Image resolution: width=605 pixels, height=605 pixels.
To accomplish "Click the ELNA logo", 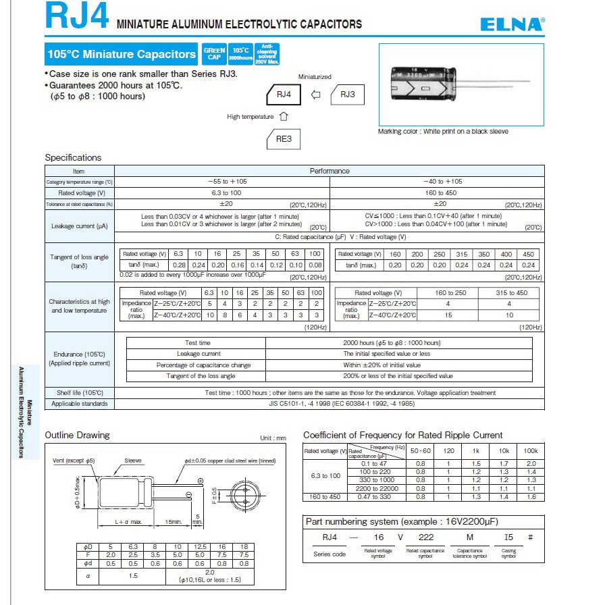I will [x=512, y=24].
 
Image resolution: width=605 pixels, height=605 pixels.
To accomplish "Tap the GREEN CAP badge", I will [x=214, y=53].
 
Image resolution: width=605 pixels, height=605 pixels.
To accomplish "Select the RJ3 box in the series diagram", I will [x=347, y=95].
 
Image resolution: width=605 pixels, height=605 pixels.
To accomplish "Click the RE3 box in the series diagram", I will [x=284, y=139].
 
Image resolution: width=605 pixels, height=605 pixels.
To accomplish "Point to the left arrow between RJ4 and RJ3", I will [x=315, y=95].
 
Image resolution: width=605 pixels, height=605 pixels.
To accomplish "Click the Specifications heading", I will [x=73, y=157].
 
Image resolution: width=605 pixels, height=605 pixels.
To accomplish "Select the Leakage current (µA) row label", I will [x=79, y=226].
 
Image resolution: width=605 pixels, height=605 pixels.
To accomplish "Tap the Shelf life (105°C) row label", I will [x=79, y=392].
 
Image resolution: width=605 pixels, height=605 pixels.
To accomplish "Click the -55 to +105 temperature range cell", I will [x=222, y=182].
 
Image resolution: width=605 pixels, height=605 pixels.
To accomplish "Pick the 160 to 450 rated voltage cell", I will [x=438, y=192].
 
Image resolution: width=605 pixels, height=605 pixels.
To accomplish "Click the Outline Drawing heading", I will [x=77, y=436].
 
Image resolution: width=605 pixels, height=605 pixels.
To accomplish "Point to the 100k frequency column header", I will [x=531, y=450].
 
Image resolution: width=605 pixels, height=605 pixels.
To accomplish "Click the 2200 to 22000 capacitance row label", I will [x=379, y=488].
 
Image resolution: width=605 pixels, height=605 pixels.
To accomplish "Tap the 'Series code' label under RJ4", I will [x=330, y=554].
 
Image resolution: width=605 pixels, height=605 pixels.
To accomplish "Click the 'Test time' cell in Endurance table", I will [x=198, y=343].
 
